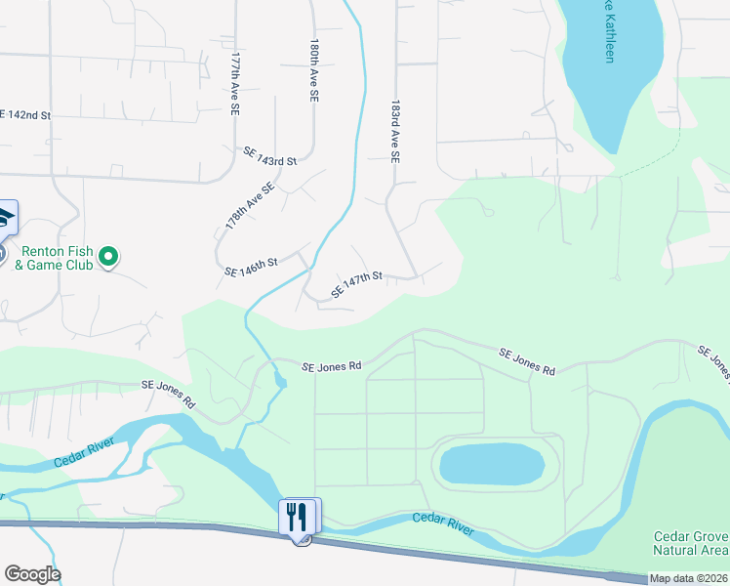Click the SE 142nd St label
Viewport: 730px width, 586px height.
click(x=25, y=114)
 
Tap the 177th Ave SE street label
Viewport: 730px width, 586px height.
click(x=235, y=86)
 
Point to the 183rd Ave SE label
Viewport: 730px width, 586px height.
click(x=396, y=130)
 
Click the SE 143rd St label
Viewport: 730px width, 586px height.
click(x=270, y=156)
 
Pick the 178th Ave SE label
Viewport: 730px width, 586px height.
click(x=250, y=206)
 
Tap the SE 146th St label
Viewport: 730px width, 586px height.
click(x=252, y=267)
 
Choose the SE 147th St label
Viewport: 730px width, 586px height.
click(x=355, y=284)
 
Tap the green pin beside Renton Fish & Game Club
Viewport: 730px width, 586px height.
click(x=110, y=258)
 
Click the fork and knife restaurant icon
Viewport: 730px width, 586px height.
click(x=300, y=515)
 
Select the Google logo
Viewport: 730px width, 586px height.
click(x=32, y=574)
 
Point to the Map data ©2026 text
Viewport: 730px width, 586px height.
click(x=689, y=578)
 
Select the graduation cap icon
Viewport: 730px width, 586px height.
click(x=5, y=217)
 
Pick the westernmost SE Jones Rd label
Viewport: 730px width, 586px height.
click(x=169, y=393)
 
